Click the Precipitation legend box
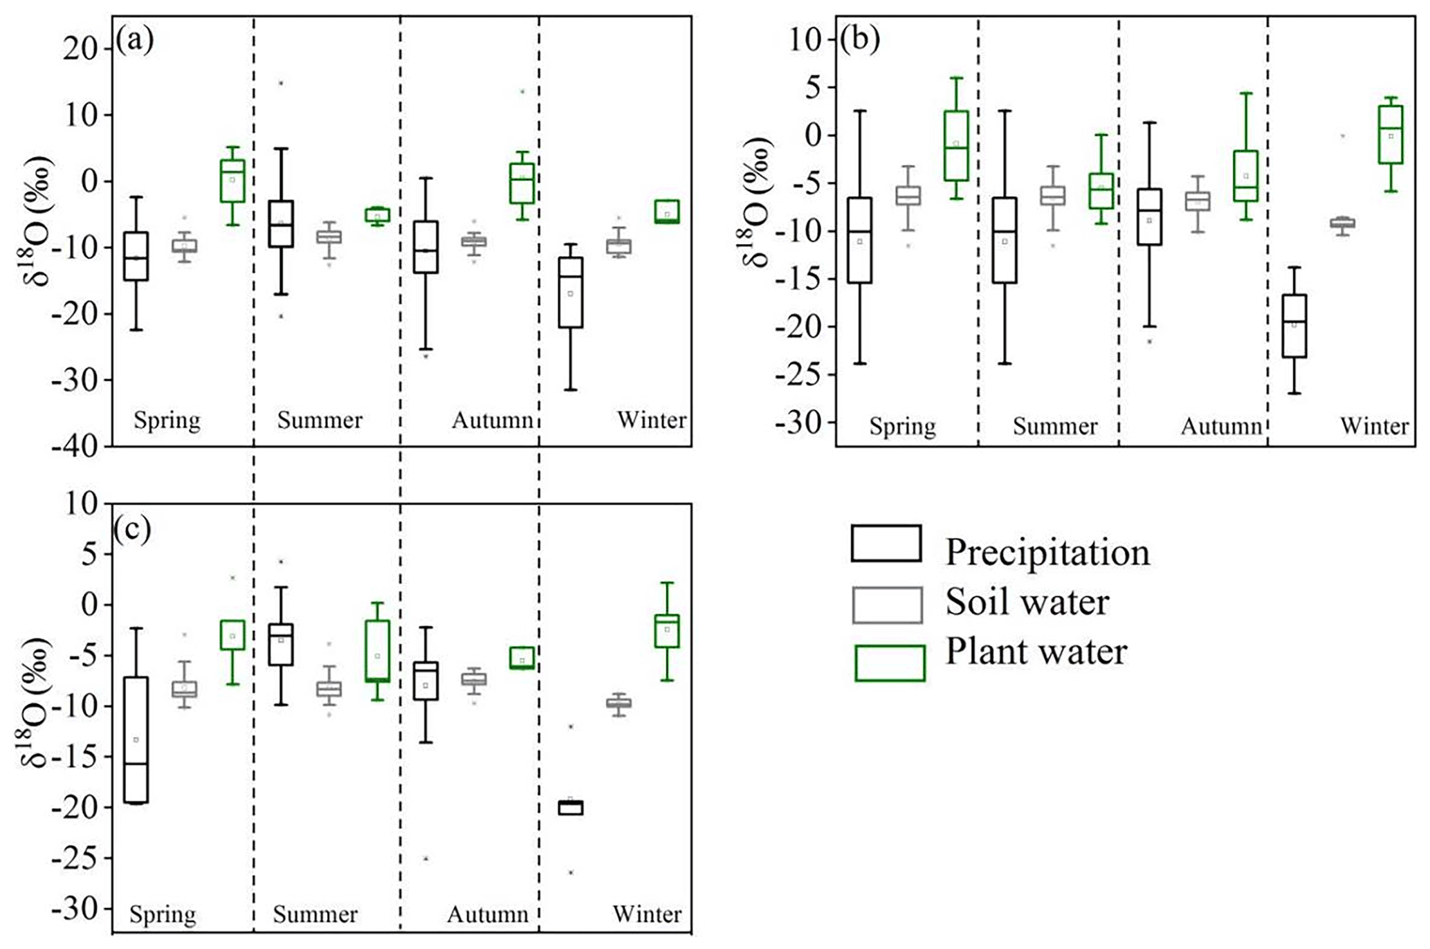click(x=886, y=543)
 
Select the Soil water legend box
click(x=887, y=605)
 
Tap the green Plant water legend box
click(x=890, y=663)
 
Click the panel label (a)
click(x=134, y=40)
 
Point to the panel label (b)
click(x=860, y=40)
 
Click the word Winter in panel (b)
click(x=1374, y=426)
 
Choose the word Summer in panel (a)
click(x=320, y=421)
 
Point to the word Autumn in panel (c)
click(x=488, y=914)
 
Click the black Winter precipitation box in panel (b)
click(x=1294, y=326)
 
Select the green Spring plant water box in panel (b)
click(x=956, y=145)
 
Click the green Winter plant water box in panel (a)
click(x=667, y=211)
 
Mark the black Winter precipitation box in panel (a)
click(x=571, y=293)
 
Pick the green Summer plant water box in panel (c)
click(x=378, y=651)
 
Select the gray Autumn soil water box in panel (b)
click(x=1198, y=201)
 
